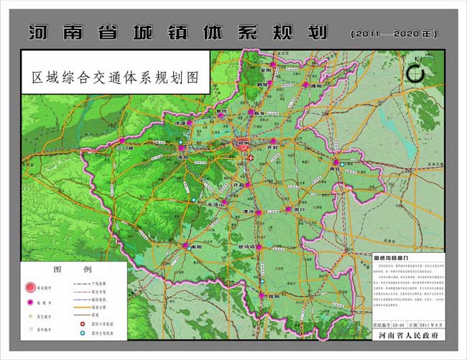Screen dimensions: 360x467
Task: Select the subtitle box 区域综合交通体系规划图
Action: click(x=115, y=75)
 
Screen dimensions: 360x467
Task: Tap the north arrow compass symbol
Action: click(x=415, y=73)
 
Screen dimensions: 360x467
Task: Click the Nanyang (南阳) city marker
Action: click(x=180, y=245)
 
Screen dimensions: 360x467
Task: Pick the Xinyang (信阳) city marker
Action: click(x=260, y=295)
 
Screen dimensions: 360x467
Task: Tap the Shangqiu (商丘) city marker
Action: click(x=335, y=162)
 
